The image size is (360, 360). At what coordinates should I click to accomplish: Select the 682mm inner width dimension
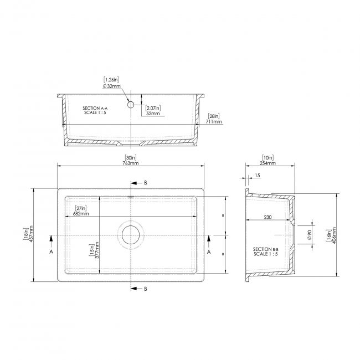81,213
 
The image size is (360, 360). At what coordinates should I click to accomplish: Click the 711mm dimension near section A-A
213,122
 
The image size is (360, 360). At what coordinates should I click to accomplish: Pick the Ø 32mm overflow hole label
111,86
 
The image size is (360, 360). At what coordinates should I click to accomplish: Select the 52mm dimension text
152,114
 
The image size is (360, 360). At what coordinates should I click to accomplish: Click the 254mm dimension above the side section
269,163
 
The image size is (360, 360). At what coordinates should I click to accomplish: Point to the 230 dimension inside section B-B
268,217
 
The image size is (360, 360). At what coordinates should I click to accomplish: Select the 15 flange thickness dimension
258,176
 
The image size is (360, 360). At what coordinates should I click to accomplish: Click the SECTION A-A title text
91,108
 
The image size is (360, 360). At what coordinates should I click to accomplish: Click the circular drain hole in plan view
131,235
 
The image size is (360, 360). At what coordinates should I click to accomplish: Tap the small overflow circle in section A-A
131,104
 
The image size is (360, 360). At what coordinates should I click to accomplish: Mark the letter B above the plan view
146,182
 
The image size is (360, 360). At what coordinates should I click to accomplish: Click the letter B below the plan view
146,289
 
